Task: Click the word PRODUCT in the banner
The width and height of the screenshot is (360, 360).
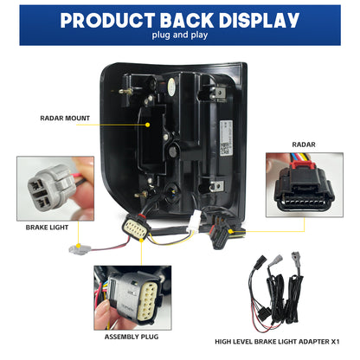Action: pos(108,21)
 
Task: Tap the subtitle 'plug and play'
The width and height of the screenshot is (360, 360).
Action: pos(180,35)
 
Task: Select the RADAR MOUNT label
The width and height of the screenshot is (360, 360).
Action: pos(65,118)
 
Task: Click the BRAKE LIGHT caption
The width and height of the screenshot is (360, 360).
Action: pos(47,228)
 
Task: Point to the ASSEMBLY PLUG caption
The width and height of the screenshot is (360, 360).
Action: pos(132,337)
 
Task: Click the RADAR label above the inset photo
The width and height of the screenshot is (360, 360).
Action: pos(304,145)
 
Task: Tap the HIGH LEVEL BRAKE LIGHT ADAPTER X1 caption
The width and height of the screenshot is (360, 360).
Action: pos(277,342)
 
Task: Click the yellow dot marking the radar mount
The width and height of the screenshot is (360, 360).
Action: pos(148,125)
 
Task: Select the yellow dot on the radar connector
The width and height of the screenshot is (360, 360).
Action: pos(230,231)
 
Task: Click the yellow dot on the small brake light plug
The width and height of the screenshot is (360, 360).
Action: pos(78,246)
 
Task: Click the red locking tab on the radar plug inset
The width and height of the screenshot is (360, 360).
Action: pos(303,164)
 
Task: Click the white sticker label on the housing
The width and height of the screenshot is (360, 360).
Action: pos(225,138)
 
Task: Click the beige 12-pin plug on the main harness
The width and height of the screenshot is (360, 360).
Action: pos(134,228)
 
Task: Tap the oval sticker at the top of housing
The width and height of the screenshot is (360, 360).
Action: pos(171,87)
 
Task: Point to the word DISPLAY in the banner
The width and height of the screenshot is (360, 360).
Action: pos(259,21)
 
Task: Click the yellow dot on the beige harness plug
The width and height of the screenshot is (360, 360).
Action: pos(141,240)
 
